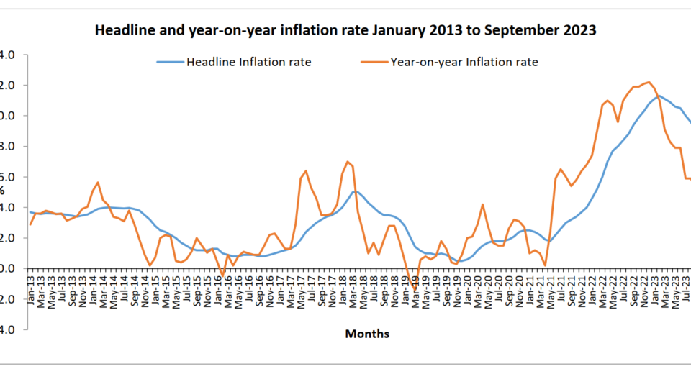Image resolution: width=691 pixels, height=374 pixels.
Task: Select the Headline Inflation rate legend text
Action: [x=248, y=62]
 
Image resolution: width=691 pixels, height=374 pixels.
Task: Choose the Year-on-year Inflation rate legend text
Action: [x=464, y=62]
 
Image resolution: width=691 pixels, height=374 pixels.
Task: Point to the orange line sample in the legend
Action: [x=374, y=62]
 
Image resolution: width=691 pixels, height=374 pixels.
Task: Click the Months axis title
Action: [x=367, y=333]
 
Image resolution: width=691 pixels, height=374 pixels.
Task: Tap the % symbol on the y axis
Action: [x=2, y=191]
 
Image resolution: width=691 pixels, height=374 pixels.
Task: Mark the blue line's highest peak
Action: [x=658, y=96]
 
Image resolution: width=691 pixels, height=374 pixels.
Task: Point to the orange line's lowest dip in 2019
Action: [x=415, y=291]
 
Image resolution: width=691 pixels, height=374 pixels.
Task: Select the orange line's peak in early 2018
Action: [x=348, y=162]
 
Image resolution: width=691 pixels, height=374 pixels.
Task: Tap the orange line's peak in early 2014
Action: [x=98, y=183]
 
